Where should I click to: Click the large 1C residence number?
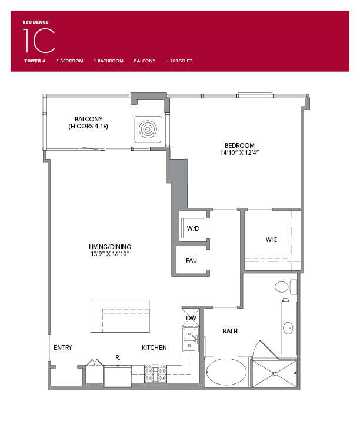pos(39,40)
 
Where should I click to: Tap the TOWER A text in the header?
pos(35,61)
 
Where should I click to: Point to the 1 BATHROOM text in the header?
pos(108,61)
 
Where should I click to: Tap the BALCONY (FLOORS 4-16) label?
pos(88,122)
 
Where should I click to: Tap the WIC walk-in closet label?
pos(271,240)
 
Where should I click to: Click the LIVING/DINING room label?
pos(111,247)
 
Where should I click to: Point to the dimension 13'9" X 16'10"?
pos(111,254)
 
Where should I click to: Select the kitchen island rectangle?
pos(120,316)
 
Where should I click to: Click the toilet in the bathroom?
pos(282,287)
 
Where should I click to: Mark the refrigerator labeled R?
pos(118,375)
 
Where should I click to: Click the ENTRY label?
pos(62,347)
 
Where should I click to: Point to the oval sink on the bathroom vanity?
pos(288,328)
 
